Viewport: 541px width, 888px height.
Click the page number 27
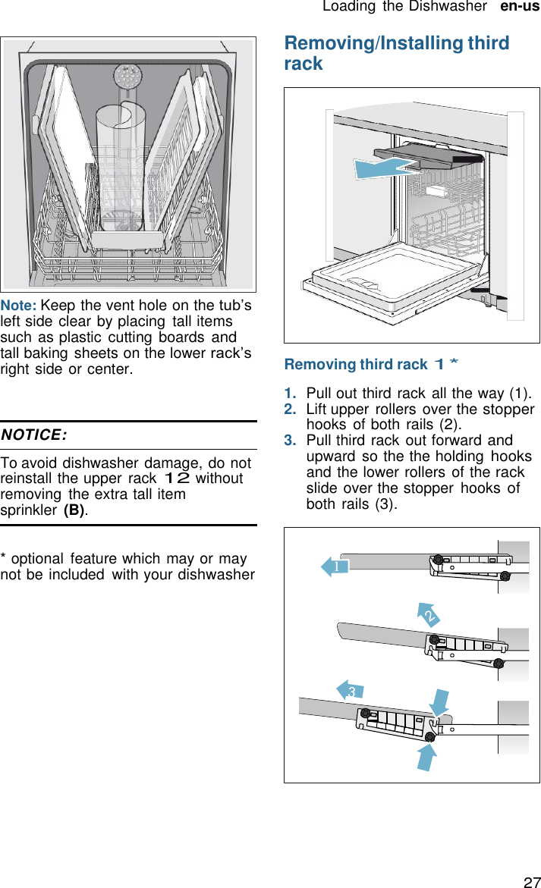(x=531, y=881)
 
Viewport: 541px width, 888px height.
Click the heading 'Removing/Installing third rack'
(x=396, y=53)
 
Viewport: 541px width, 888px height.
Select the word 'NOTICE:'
(x=33, y=435)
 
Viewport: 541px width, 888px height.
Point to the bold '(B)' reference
(x=74, y=510)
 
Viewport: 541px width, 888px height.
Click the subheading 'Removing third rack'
(x=355, y=365)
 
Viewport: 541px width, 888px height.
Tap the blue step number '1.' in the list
(x=291, y=394)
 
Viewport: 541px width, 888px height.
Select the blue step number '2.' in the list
(x=291, y=410)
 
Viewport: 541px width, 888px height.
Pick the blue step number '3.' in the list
(x=291, y=441)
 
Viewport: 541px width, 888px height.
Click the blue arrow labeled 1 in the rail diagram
(x=335, y=566)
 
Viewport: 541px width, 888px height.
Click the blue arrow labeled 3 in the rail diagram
(x=351, y=690)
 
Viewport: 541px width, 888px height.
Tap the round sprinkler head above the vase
(x=127, y=77)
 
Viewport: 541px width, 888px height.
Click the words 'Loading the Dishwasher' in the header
(x=404, y=7)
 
